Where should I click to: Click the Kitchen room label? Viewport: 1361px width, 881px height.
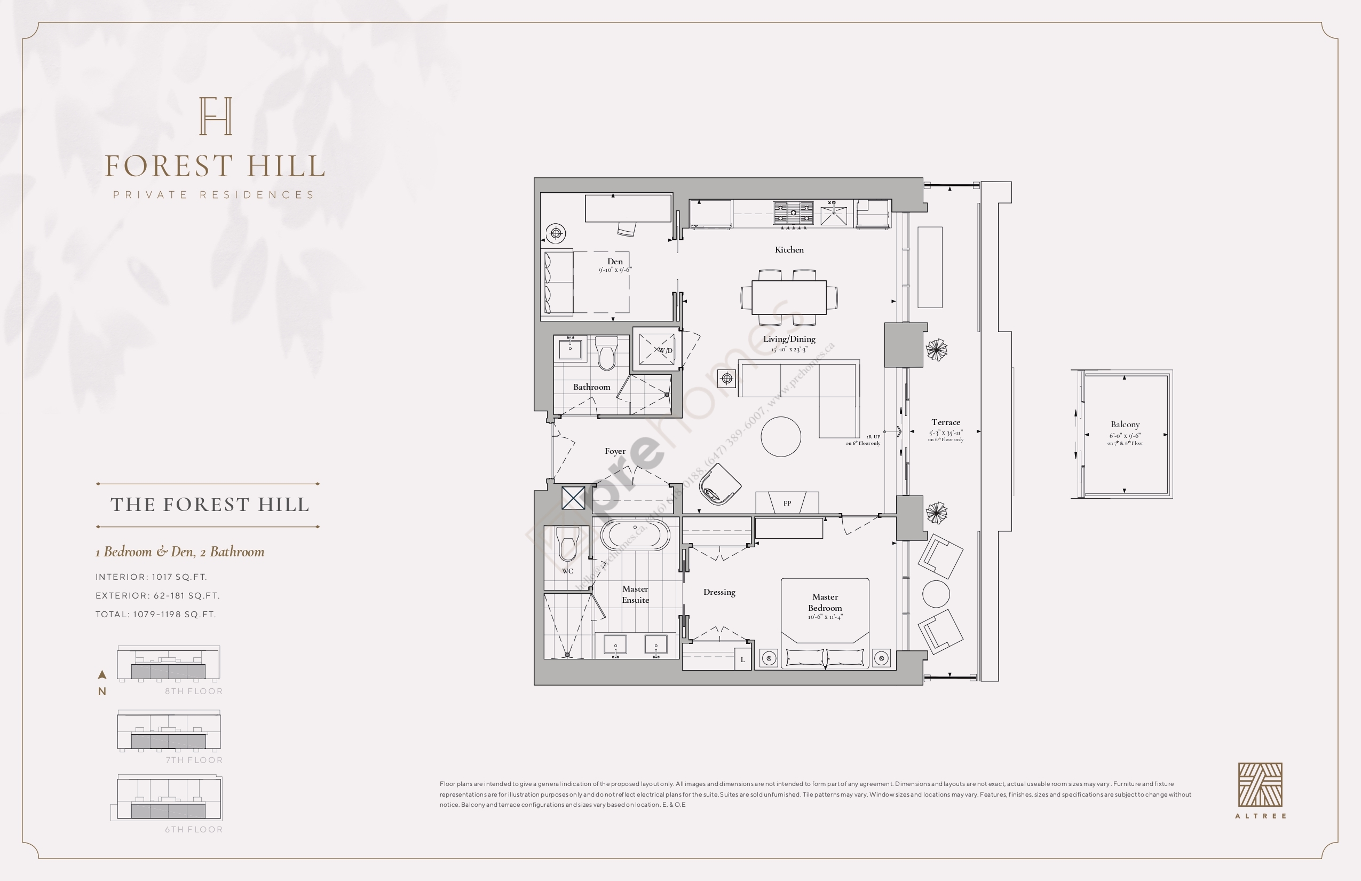pyautogui.click(x=789, y=249)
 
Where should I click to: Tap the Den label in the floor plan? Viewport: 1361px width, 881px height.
pyautogui.click(x=615, y=262)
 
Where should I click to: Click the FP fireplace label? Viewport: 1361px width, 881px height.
pyautogui.click(x=787, y=504)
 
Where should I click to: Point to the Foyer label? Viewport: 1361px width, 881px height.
pyautogui.click(x=615, y=451)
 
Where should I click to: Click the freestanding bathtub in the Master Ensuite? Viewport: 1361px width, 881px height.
pyautogui.click(x=635, y=535)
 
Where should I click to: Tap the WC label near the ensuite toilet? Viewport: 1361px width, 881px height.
pyautogui.click(x=567, y=571)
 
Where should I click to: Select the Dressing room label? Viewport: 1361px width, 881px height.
pyautogui.click(x=719, y=592)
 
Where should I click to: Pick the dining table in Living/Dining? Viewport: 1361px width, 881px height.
pyautogui.click(x=789, y=297)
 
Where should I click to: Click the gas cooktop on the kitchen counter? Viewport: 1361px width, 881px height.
pyautogui.click(x=793, y=213)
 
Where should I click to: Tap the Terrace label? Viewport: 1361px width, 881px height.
pyautogui.click(x=945, y=422)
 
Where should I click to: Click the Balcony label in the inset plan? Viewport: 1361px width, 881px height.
pyautogui.click(x=1125, y=424)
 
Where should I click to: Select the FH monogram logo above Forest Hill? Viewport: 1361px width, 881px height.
pyautogui.click(x=216, y=116)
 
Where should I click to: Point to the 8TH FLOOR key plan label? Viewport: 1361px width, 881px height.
pyautogui.click(x=194, y=691)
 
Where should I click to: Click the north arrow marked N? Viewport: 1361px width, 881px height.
pyautogui.click(x=102, y=682)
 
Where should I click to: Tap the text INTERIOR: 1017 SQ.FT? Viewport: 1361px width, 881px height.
pyautogui.click(x=151, y=577)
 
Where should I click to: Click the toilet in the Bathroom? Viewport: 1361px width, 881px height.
pyautogui.click(x=606, y=353)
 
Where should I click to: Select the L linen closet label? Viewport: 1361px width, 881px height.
pyautogui.click(x=742, y=659)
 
